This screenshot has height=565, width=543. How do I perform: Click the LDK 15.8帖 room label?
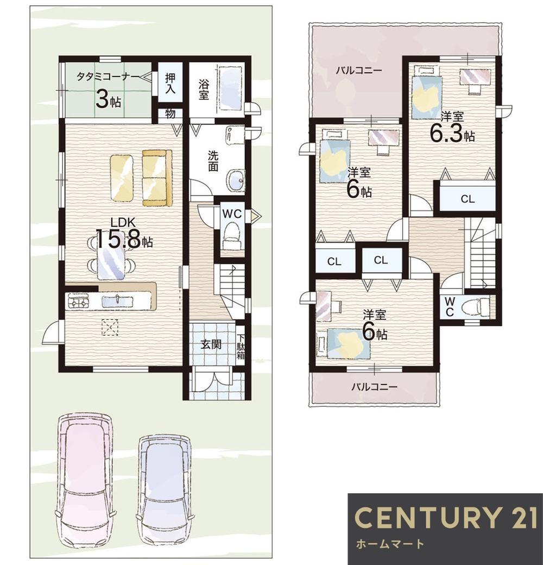coord(124,233)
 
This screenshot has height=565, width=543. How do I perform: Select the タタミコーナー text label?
coord(108,77)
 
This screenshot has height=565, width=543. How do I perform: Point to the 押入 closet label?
coord(171,83)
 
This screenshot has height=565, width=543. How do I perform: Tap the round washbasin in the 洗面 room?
coord(236,180)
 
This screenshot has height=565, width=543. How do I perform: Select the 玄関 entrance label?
coord(211,345)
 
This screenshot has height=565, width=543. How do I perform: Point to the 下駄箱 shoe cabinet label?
coord(241,347)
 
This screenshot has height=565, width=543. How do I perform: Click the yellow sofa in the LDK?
coord(157,178)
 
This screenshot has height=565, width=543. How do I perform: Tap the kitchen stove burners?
coord(79,301)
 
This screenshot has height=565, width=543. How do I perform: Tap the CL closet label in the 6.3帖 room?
coord(468,199)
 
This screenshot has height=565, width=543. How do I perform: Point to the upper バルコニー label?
coord(358,70)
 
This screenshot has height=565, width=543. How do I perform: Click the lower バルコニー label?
coord(375,387)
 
